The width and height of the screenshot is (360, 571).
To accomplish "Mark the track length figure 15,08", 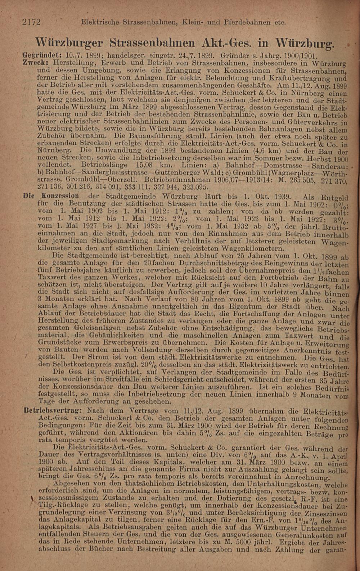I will coord(144,166).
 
